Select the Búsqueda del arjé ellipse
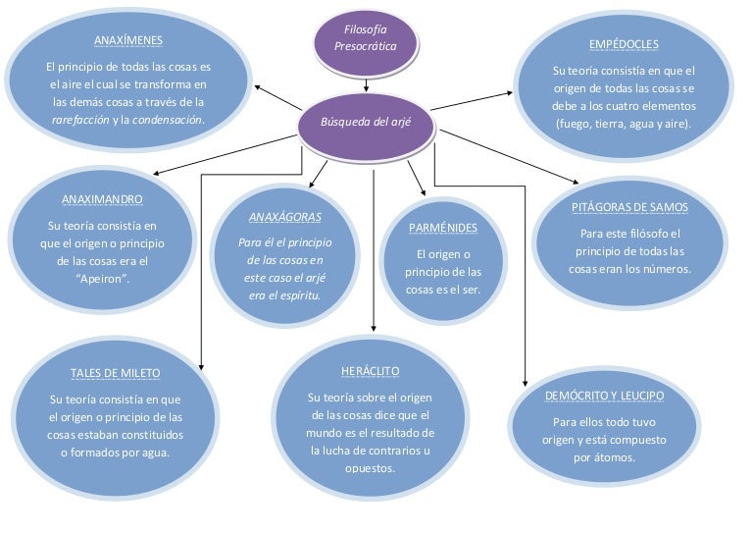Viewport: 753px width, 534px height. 366,123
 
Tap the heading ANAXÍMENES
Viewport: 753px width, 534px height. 128,41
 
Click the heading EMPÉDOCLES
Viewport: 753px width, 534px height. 624,45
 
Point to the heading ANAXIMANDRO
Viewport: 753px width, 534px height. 102,199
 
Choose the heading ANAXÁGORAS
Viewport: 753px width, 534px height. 285,216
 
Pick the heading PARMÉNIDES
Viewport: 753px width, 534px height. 443,228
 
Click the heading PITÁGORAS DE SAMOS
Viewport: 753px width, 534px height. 629,208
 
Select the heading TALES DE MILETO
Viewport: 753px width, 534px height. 116,374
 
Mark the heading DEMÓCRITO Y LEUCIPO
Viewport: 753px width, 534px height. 604,396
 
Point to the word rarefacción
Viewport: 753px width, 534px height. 80,120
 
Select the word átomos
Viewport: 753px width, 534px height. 618,457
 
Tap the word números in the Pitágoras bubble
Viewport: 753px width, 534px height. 666,269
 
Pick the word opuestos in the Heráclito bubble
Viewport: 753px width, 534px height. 370,468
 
